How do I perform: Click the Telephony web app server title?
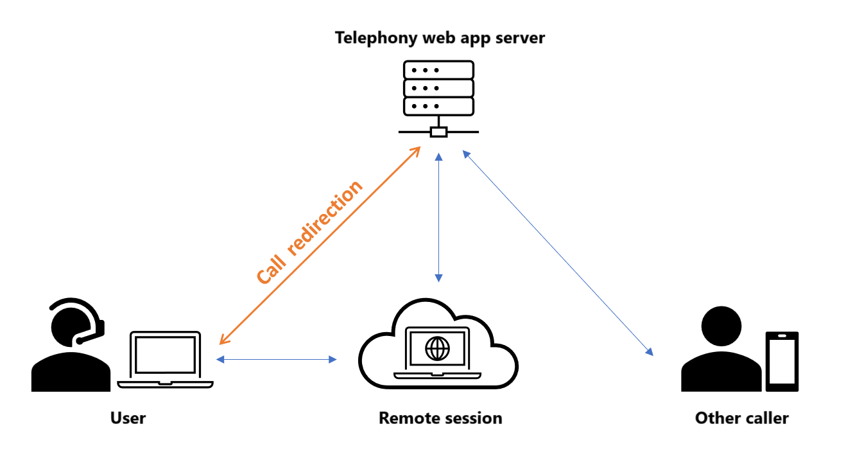pyautogui.click(x=440, y=38)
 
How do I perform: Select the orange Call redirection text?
pyautogui.click(x=309, y=233)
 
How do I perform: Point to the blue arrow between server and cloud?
pyautogui.click(x=438, y=217)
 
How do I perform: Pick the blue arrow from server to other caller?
pyautogui.click(x=557, y=253)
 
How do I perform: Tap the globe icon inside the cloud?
pyautogui.click(x=438, y=349)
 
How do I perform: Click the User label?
pyautogui.click(x=128, y=418)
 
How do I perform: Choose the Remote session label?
pyautogui.click(x=440, y=418)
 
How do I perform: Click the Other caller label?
pyautogui.click(x=741, y=418)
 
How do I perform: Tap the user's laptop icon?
pyautogui.click(x=165, y=360)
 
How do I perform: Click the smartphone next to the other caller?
pyautogui.click(x=782, y=361)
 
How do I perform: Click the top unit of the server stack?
pyautogui.click(x=438, y=69)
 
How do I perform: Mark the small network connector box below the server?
pyautogui.click(x=438, y=132)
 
